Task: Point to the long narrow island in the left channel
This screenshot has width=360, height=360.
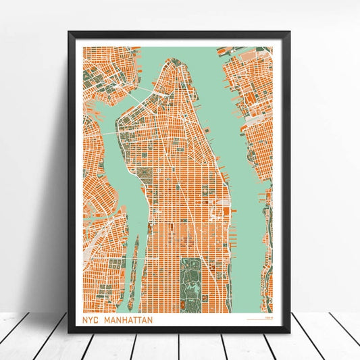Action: [134, 263]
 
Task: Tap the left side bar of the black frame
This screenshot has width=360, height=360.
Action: [72, 182]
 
